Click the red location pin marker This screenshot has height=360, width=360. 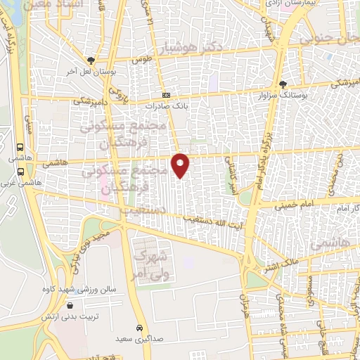181,165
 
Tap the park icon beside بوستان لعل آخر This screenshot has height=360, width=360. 90,60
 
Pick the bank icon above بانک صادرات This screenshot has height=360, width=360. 167,95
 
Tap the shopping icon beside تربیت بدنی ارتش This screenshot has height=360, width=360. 70,306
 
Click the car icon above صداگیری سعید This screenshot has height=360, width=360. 140,328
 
